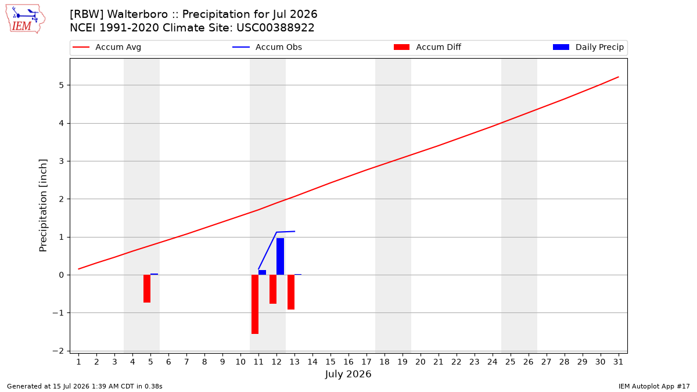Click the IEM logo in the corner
(x=25, y=19)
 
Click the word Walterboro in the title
(x=138, y=15)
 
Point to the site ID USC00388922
(x=275, y=28)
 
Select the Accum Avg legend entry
(x=107, y=47)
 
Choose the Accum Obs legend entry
(x=267, y=47)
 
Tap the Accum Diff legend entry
(x=427, y=47)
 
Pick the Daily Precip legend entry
(x=588, y=47)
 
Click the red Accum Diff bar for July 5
(x=147, y=289)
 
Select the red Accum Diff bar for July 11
(x=255, y=304)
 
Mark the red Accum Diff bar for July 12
(x=273, y=289)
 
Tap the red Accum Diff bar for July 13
(x=291, y=292)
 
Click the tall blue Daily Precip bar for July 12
(x=280, y=257)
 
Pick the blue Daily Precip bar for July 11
(x=263, y=272)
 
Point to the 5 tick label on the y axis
(x=62, y=85)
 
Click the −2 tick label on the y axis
(x=58, y=351)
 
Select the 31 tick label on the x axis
(x=618, y=362)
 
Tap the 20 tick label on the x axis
(x=421, y=362)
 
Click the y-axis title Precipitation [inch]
(x=43, y=206)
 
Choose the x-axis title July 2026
(x=348, y=374)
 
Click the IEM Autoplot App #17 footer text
(x=654, y=386)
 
